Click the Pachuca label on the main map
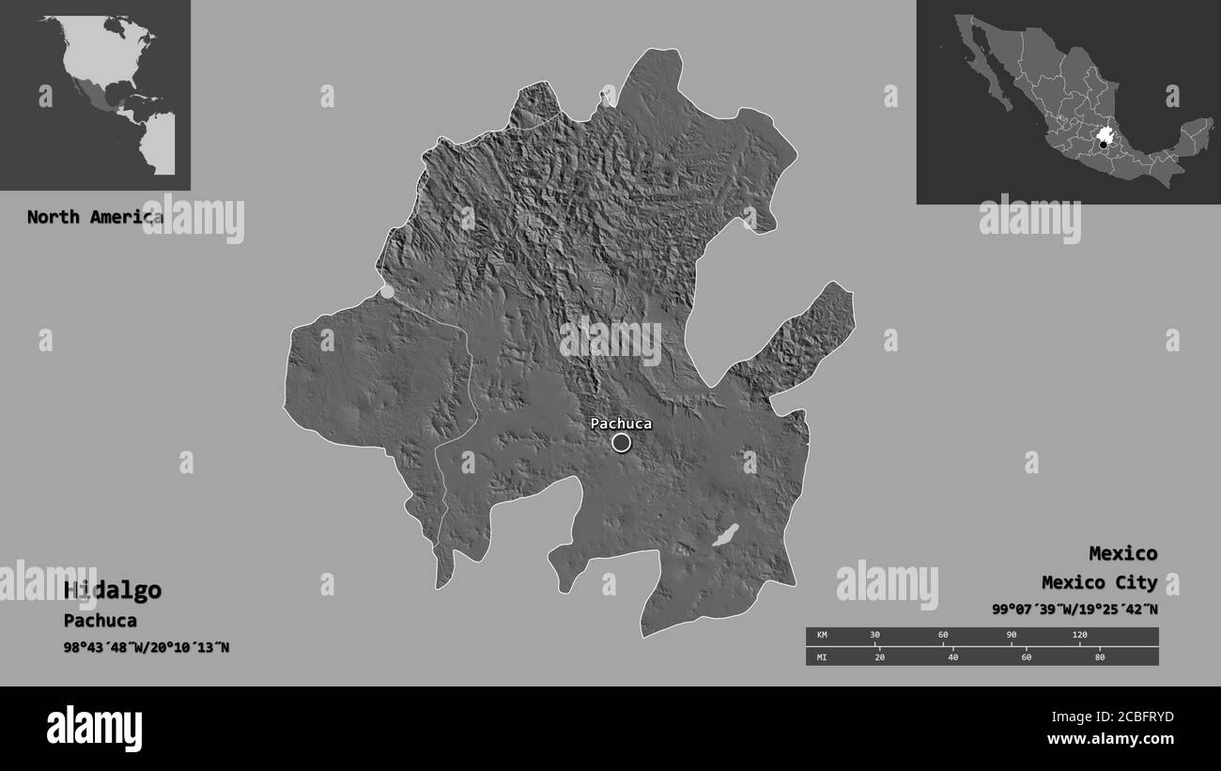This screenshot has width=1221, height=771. pos(621,424)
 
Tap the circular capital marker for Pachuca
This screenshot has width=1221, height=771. pos(621,442)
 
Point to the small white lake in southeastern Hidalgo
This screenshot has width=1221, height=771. pos(725,535)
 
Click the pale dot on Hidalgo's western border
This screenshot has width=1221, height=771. pos(387,291)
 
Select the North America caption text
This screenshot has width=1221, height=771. pos(94,217)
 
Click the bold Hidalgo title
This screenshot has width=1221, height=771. pos(113,590)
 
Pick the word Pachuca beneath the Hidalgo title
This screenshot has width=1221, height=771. pos(100,621)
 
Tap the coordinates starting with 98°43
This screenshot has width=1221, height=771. pos(147,648)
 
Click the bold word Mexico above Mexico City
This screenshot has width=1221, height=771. pos(1122,552)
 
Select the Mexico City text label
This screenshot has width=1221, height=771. pos(1099,582)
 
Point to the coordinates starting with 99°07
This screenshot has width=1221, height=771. pos(1074,609)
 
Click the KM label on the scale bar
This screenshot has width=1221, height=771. pos(823,636)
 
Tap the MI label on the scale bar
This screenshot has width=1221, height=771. pos(823,656)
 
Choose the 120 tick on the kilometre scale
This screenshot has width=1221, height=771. pos(1079,636)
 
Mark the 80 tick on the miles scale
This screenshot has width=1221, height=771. pos(1100,656)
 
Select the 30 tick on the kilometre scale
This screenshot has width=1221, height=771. pos(874,636)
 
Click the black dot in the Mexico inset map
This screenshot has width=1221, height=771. pos(1104,145)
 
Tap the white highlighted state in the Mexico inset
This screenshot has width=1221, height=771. pos(1105,134)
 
